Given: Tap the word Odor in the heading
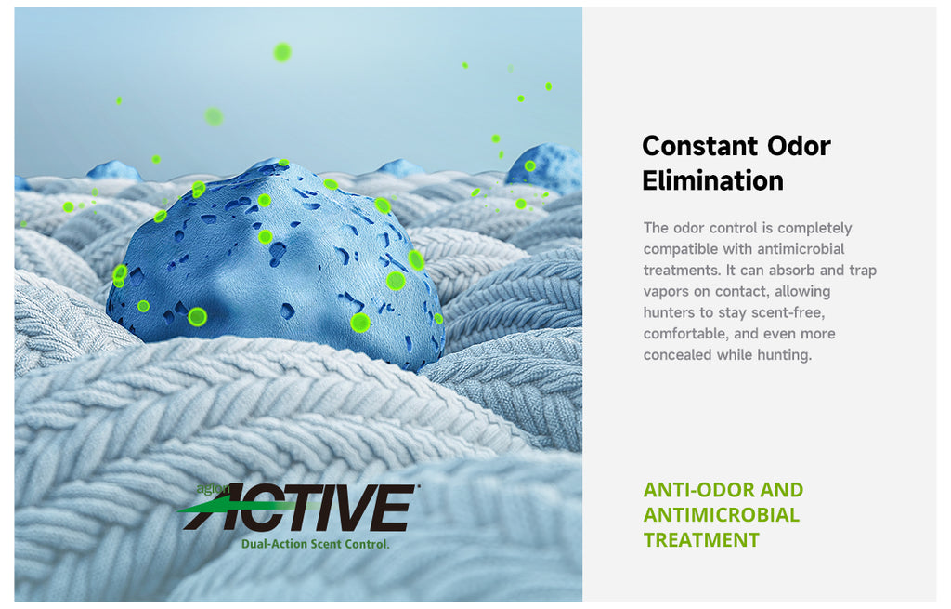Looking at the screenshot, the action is [799, 146].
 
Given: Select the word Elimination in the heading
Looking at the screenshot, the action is [712, 181].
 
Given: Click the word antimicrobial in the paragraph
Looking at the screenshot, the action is [801, 249].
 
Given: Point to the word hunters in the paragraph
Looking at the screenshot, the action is [669, 312].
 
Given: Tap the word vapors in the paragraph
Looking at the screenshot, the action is [666, 291].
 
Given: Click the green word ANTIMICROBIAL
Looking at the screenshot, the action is [721, 514].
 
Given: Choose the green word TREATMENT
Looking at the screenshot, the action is [701, 540].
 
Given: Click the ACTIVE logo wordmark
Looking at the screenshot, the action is [297, 508].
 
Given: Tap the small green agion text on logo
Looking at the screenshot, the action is [213, 488].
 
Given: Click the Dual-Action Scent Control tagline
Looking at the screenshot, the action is [316, 544].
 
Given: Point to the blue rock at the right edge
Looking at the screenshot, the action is [544, 167].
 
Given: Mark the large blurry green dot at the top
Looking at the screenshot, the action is [282, 53].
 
